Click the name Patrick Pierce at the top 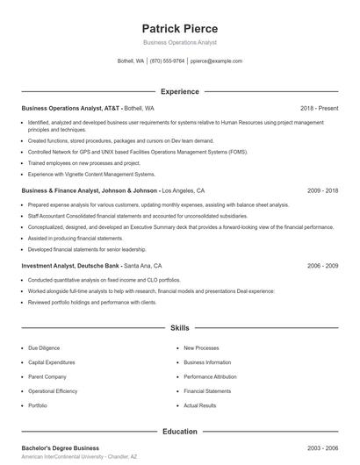179,29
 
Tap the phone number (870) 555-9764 167,61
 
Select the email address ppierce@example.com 216,61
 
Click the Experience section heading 180,91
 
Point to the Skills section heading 180,328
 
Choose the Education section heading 180,432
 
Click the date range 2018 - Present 319,108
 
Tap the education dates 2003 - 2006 322,448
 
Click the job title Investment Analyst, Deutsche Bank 71,265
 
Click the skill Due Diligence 44,348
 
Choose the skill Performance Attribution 210,376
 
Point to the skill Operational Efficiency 54,391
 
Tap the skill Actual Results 199,405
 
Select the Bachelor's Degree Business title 61,448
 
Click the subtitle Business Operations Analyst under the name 179,42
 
